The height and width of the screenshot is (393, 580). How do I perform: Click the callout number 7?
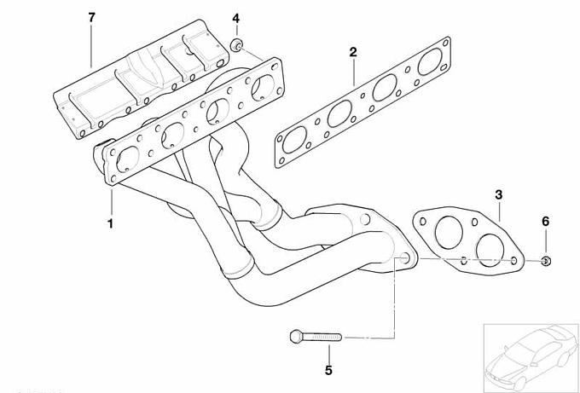pos(92,17)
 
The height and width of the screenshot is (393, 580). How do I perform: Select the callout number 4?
pos(236,18)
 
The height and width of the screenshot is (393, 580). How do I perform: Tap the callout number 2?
pos(353,52)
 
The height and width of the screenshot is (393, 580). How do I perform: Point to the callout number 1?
pos(110,223)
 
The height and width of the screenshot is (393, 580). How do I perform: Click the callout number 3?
pos(499,194)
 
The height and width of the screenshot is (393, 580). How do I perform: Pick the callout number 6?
pos(546,222)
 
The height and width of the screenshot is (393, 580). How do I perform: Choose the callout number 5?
pos(328,370)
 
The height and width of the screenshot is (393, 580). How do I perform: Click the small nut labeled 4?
pos(237,45)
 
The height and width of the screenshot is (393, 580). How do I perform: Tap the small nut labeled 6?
pos(546,261)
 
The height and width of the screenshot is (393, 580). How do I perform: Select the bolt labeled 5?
pos(316,337)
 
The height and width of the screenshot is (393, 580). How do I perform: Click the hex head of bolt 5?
pos(296,337)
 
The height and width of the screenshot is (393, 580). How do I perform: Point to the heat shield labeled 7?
pos(141,79)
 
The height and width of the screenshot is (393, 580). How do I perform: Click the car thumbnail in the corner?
pos(531,357)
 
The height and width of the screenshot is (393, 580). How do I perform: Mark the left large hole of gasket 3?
pos(449,233)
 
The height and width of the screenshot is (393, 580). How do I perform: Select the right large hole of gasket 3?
pos(490,251)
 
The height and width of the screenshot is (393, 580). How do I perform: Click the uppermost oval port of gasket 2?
pos(430,61)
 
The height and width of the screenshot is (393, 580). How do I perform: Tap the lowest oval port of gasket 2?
pos(295,140)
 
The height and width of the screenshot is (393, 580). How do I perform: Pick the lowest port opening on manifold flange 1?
pos(128,159)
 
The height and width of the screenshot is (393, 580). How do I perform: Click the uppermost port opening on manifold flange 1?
pos(263,88)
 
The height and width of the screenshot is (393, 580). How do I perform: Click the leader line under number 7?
pos(91,46)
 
